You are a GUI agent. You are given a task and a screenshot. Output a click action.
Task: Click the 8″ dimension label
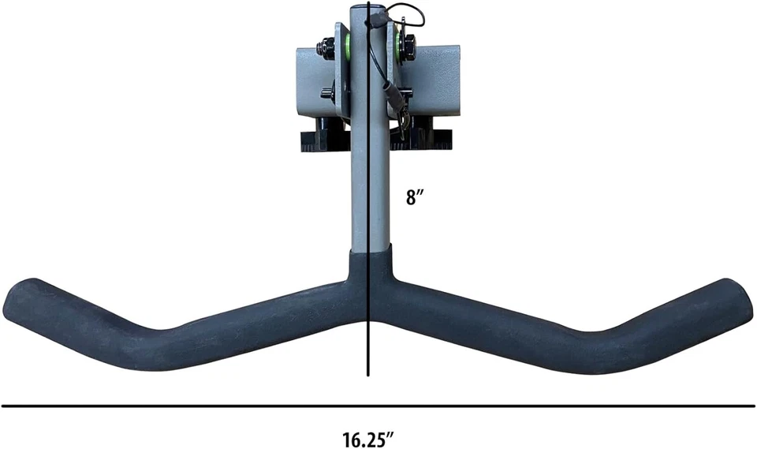pyautogui.click(x=414, y=198)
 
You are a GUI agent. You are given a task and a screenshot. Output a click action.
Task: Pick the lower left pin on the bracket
pyautogui.click(x=327, y=93)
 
